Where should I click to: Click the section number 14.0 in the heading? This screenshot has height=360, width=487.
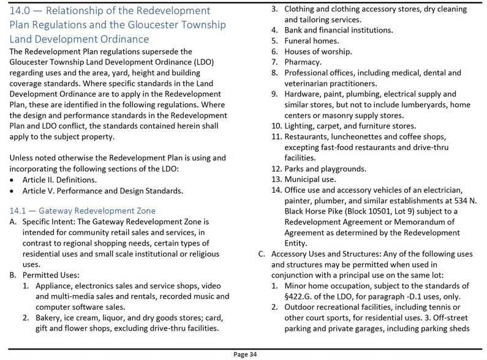(21, 11)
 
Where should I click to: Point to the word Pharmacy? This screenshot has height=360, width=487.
(303, 62)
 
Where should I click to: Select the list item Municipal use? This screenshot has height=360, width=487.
(310, 179)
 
